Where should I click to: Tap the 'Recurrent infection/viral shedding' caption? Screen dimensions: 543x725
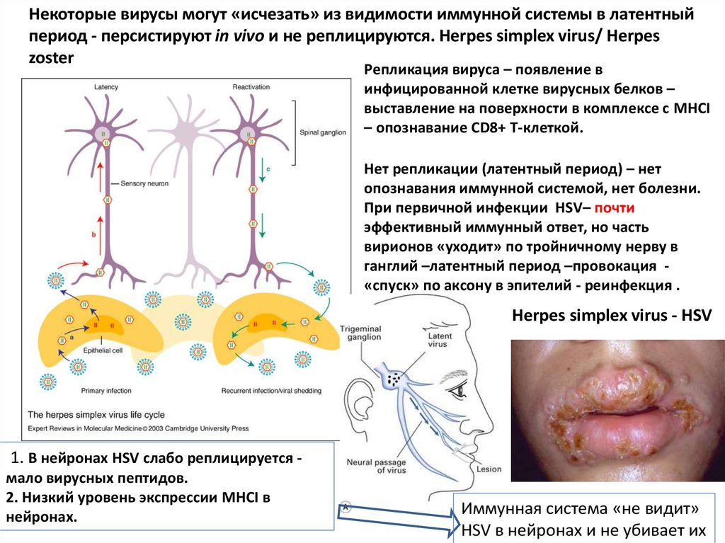pos(271,390)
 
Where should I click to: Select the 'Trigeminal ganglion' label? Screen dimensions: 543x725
pos(360,333)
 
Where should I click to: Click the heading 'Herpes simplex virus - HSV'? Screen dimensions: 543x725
pos(611,316)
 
